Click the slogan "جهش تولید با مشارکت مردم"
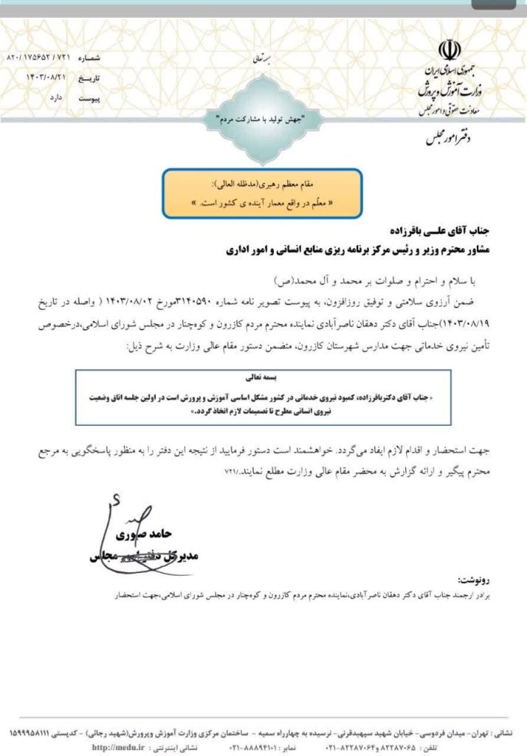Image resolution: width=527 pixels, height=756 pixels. (263, 118)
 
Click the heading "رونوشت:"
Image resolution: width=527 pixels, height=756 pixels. (475, 580)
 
